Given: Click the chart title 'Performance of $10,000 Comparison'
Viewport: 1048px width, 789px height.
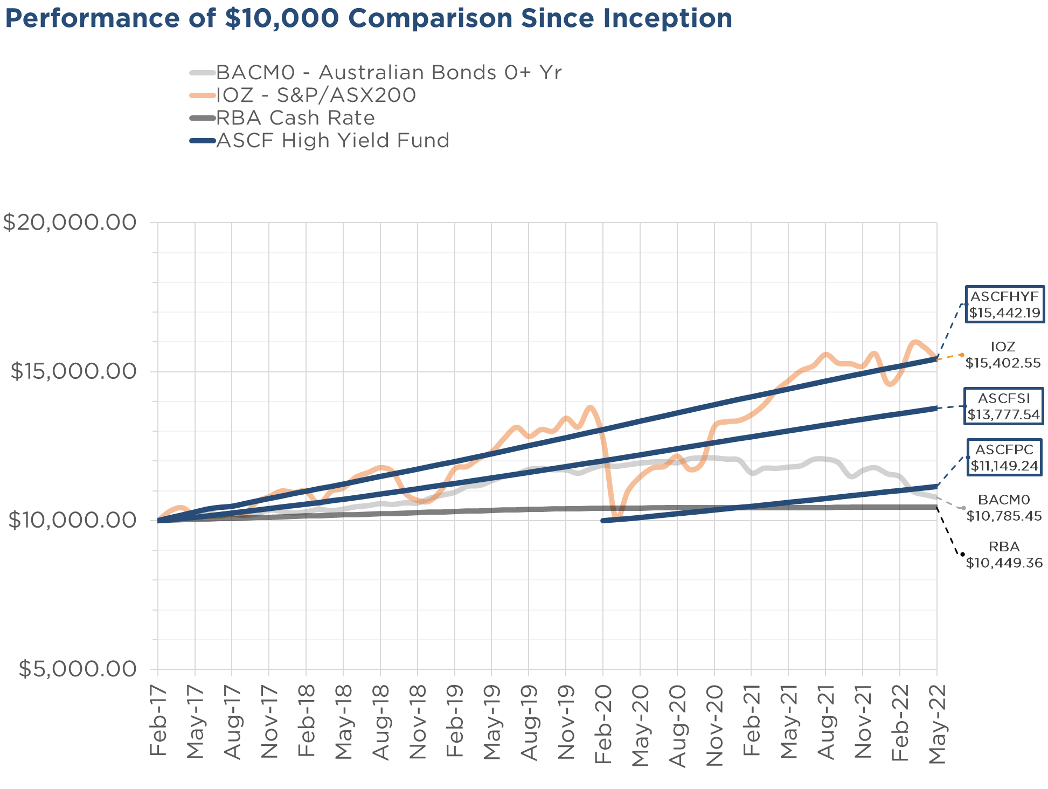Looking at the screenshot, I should point(369,18).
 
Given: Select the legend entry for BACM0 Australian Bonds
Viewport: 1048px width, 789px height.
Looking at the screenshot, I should point(388,72).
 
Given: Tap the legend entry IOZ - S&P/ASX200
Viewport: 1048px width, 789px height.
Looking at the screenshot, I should point(316,95).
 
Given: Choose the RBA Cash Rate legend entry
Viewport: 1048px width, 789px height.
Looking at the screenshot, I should point(295,118).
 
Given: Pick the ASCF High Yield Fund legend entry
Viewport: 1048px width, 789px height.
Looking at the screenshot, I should point(332,141).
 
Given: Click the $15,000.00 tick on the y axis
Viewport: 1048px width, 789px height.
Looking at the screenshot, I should point(73,371).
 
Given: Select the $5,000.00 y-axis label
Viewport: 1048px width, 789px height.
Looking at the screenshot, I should point(78,669).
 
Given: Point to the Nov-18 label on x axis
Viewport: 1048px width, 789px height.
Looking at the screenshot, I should point(418,721).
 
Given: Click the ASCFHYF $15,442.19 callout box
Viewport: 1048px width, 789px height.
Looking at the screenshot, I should point(1004,304).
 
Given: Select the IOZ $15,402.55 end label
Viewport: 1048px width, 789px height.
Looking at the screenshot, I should point(1003,355).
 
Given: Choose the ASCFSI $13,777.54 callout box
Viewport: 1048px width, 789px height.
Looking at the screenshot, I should point(1003,406).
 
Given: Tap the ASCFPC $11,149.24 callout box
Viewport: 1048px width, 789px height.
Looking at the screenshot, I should point(1004,458).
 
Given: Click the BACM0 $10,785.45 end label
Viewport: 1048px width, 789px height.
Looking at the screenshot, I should point(1004,508).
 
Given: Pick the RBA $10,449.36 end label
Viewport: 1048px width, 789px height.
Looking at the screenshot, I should point(1004,555).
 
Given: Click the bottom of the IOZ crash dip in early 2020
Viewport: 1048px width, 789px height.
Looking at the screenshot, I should point(617,517).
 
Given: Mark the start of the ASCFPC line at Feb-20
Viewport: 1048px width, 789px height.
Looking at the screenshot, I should point(603,521).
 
